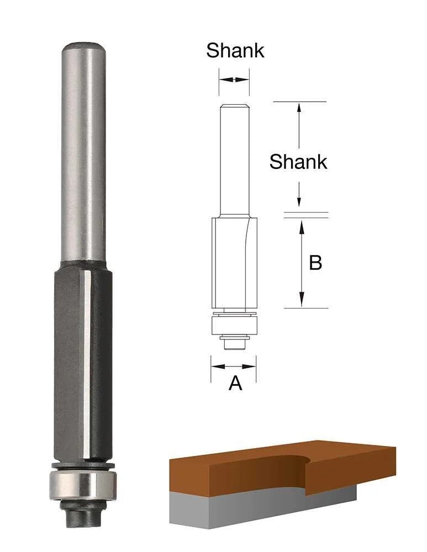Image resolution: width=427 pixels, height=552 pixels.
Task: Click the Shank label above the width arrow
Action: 235,50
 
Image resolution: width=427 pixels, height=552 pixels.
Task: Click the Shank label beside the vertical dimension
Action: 298,162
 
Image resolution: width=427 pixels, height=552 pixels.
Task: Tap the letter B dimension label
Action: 315,263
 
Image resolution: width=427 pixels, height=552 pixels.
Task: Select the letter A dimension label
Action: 235,383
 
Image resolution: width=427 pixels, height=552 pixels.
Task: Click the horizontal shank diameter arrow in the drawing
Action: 234,79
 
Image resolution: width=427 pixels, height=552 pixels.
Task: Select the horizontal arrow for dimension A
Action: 234,365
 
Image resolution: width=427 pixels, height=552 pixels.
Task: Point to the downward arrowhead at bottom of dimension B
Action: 302,301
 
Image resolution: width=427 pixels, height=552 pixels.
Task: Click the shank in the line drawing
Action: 234,160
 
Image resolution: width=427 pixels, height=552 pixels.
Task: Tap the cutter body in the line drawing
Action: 234,259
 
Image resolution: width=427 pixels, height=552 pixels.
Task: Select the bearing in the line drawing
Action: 234,325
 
